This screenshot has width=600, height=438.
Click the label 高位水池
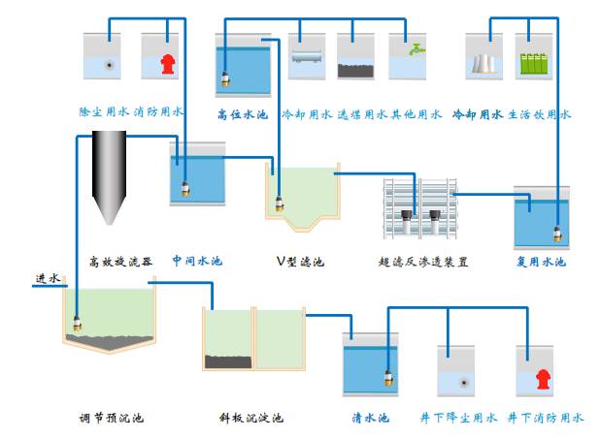pyautogui.click(x=242, y=114)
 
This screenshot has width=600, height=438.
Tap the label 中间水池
pyautogui.click(x=197, y=261)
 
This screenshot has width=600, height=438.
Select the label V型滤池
pyautogui.click(x=300, y=261)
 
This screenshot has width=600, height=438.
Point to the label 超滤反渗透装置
pyautogui.click(x=423, y=261)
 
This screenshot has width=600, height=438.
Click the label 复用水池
pyautogui.click(x=541, y=261)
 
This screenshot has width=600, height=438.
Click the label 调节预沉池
pyautogui.click(x=111, y=419)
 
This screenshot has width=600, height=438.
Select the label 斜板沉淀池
pyautogui.click(x=250, y=419)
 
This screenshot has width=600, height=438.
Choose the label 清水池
pyautogui.click(x=370, y=419)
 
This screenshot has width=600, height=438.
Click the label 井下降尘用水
pyautogui.click(x=458, y=419)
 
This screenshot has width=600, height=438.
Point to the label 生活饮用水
pyautogui.click(x=540, y=114)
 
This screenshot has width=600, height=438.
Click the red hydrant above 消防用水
pyautogui.click(x=166, y=64)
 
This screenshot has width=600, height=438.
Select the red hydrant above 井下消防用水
pyautogui.click(x=540, y=380)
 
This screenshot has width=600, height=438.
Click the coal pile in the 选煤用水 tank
pyautogui.click(x=354, y=70)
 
